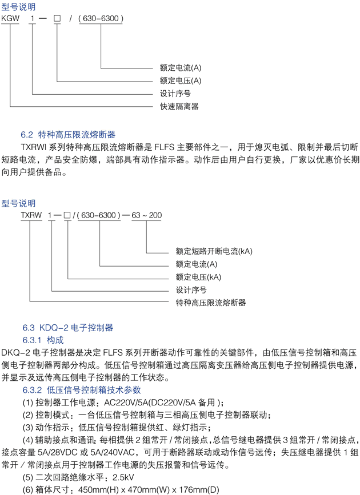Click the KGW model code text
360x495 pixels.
click(10, 18)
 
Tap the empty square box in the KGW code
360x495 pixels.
click(57, 18)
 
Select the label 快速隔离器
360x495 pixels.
click(179, 106)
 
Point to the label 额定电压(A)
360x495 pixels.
click(181, 81)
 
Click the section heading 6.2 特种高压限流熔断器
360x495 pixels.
click(68, 135)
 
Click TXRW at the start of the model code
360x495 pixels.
click(31, 215)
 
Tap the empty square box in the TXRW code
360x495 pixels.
click(67, 215)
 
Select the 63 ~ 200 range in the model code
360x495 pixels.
click(147, 215)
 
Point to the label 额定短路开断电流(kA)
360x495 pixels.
click(214, 251)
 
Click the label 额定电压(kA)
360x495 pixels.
click(198, 277)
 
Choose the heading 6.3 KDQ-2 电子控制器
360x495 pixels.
click(67, 328)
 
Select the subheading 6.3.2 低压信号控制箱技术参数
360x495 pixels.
click(82, 390)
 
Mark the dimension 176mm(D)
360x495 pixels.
click(199, 490)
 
